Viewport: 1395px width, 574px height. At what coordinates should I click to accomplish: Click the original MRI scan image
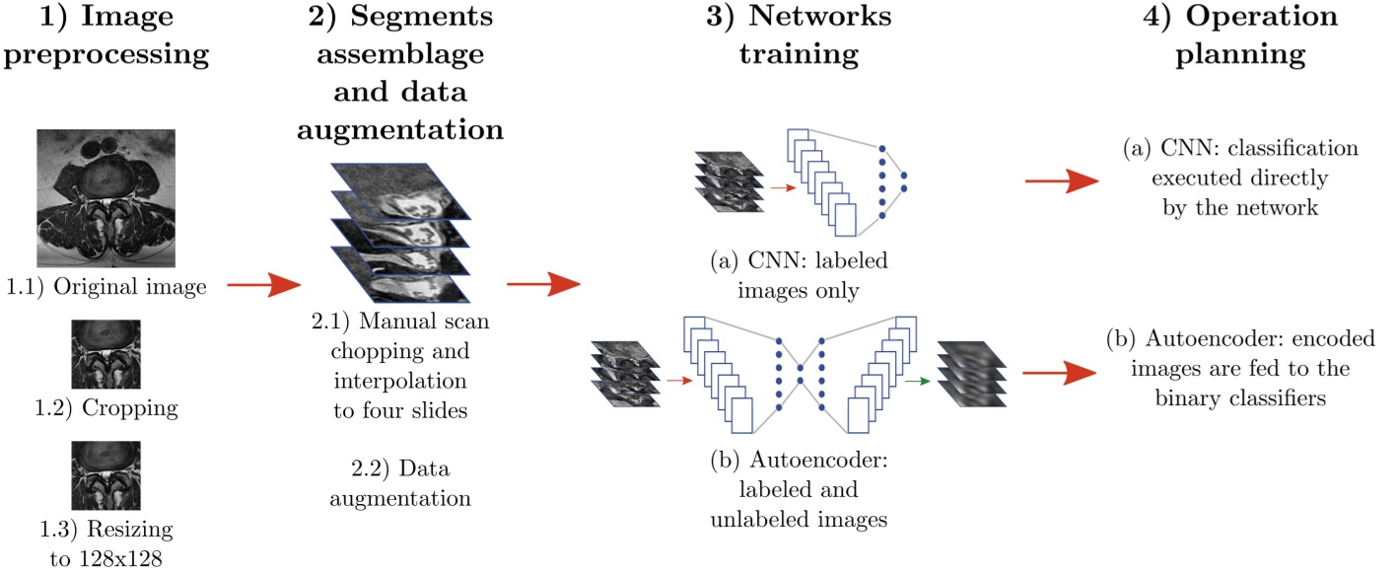click(x=105, y=198)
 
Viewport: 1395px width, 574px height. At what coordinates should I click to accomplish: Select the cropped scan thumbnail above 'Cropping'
click(x=105, y=354)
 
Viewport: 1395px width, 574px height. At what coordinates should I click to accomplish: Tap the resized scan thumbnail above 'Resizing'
click(x=105, y=475)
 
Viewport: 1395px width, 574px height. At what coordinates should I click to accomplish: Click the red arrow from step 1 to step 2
click(x=264, y=285)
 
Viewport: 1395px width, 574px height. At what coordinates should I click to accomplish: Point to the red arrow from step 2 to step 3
click(x=543, y=284)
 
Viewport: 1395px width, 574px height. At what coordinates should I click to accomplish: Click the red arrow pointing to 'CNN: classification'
click(x=1062, y=180)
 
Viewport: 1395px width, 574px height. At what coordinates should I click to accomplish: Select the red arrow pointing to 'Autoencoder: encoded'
click(x=1060, y=373)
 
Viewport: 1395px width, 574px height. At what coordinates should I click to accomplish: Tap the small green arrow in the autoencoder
click(x=918, y=381)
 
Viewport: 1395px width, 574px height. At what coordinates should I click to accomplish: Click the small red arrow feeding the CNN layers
click(x=784, y=187)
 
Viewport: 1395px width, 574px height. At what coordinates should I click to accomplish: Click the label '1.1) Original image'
click(x=106, y=287)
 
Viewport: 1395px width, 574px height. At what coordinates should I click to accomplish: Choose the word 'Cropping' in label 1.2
click(x=130, y=408)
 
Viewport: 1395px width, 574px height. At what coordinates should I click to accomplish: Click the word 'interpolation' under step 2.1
click(x=400, y=381)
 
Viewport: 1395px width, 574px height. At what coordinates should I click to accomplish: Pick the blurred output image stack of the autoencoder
click(x=971, y=374)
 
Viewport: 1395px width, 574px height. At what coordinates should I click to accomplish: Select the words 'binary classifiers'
click(x=1240, y=398)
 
